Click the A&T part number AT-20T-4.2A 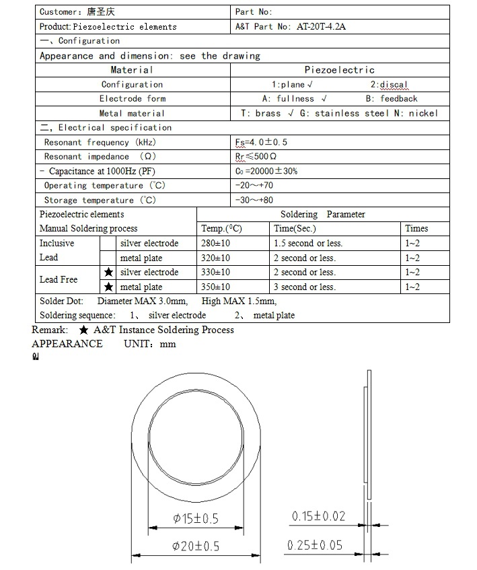316,27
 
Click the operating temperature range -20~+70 255,186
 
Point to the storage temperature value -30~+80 255,200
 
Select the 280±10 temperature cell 216,243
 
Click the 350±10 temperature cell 216,287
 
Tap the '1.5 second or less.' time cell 308,243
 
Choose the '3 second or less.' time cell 304,287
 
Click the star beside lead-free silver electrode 108,273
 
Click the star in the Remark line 83,330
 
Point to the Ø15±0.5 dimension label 196,518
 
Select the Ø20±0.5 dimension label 196,546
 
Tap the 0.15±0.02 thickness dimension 318,517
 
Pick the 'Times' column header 416,229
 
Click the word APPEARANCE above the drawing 67,344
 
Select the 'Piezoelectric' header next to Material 339,70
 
